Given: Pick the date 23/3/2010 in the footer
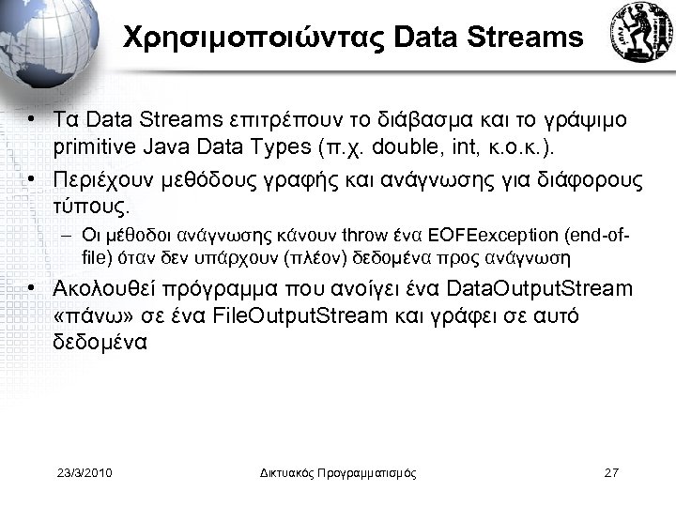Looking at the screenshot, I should pos(84,472).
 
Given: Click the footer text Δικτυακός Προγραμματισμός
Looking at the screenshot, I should pos(338,472).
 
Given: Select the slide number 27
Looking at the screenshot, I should pos(610,472).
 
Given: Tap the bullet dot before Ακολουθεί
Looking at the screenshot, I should pos(33,288).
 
